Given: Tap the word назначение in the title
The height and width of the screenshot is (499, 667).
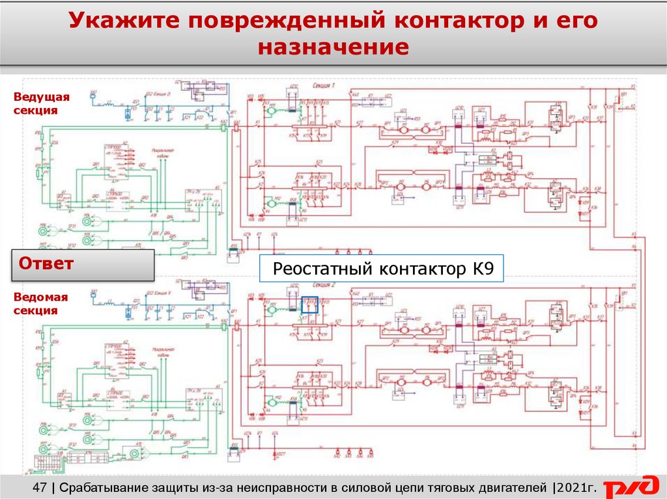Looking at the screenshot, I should tap(333, 47).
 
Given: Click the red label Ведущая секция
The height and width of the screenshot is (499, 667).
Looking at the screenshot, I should tap(41, 103).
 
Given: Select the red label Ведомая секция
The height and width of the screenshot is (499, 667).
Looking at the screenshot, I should tap(41, 304).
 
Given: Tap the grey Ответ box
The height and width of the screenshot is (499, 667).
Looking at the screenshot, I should tap(83, 265).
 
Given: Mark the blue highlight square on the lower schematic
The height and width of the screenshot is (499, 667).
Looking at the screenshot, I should tap(309, 305).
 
